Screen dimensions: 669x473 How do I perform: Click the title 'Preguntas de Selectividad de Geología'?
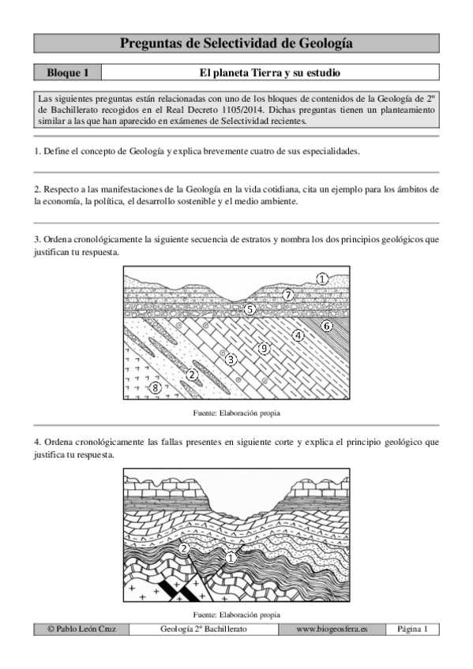[x=236, y=43]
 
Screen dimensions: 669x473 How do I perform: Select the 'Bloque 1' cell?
[x=67, y=73]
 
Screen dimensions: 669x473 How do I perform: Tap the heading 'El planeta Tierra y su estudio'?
[x=269, y=73]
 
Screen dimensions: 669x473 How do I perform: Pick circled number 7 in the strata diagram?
[x=288, y=295]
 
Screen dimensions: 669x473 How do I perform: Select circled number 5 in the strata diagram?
[x=250, y=309]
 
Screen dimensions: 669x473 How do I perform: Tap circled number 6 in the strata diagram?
[x=327, y=325]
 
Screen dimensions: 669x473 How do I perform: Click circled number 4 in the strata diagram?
[x=298, y=334]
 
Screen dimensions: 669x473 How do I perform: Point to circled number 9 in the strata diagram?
[x=264, y=348]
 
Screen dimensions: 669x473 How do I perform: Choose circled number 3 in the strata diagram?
[x=231, y=360]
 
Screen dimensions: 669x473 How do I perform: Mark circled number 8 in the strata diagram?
[x=156, y=387]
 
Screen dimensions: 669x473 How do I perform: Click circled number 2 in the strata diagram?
[x=192, y=374]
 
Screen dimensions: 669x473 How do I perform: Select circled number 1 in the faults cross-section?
[x=230, y=558]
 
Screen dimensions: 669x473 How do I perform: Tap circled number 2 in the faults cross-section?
[x=183, y=548]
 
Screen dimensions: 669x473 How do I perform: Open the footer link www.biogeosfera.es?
[x=332, y=630]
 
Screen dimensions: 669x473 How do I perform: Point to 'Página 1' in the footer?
[x=412, y=630]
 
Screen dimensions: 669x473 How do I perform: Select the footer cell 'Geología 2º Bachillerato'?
[x=203, y=630]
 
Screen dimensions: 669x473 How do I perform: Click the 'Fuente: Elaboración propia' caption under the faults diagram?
[x=236, y=615]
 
